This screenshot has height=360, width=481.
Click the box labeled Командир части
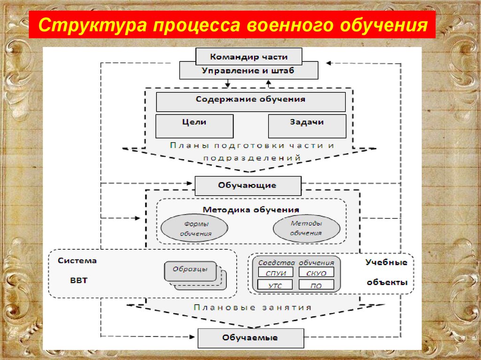coord(249,56)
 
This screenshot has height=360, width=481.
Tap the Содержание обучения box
coord(251,102)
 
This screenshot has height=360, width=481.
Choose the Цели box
coord(194,126)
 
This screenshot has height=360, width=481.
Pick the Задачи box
coord(307,126)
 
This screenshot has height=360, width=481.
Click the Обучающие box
coord(248,185)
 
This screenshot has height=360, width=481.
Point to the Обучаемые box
coord(251,338)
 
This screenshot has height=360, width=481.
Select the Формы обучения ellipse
coord(194,228)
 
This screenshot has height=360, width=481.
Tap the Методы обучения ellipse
coord(306,228)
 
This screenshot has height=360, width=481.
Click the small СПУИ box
coord(275,272)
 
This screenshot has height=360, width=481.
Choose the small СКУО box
coord(316,272)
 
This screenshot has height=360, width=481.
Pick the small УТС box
coord(275,285)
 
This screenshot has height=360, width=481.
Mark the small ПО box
coord(316,285)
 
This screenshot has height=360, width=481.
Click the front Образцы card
coord(190,271)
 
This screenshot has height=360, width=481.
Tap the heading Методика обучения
coord(251,210)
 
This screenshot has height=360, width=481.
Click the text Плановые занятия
coord(253,307)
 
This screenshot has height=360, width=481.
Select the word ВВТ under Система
coord(79,280)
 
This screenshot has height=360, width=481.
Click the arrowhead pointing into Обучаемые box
coord(192,337)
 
